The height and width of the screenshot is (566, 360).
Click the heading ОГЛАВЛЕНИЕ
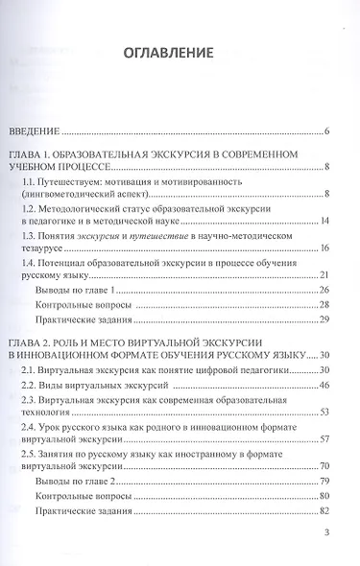[x=180, y=52]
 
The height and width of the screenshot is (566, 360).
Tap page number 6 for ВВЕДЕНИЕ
[x=327, y=130]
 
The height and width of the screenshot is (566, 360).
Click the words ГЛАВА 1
[x=36, y=155]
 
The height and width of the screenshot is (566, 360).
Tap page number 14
[x=325, y=222]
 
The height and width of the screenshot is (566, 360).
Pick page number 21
[x=325, y=301]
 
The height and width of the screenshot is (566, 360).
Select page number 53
[x=325, y=412]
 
